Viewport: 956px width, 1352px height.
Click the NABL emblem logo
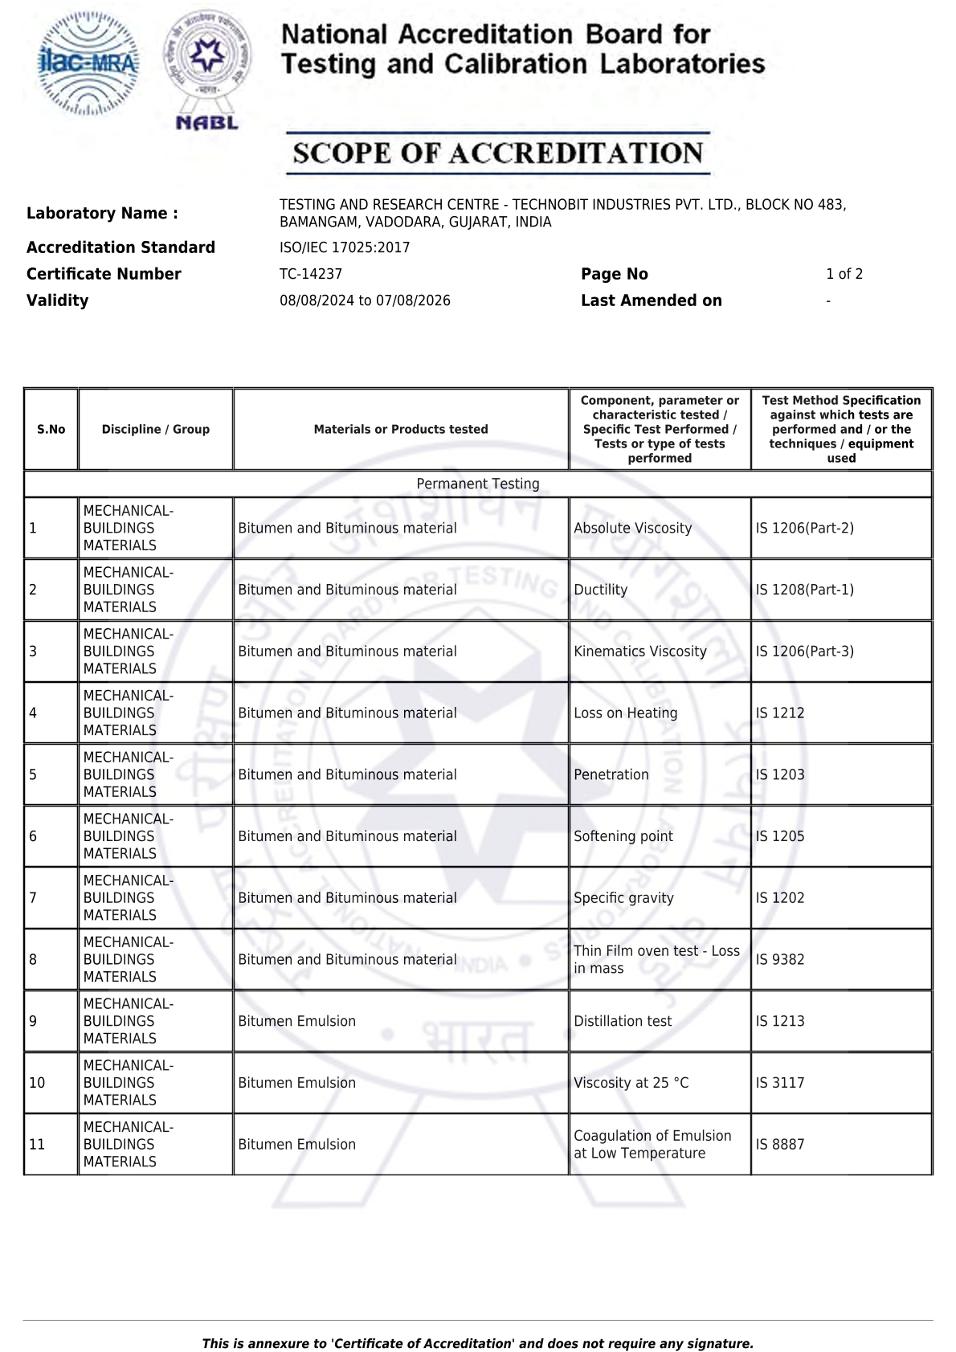(x=206, y=68)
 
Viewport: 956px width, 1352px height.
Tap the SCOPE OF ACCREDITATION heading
(x=498, y=153)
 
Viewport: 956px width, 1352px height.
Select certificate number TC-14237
(x=311, y=274)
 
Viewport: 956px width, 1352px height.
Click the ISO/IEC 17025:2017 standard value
(x=345, y=247)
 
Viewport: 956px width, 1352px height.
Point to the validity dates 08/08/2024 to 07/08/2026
(x=365, y=300)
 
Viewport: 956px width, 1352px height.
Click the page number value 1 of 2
(x=844, y=274)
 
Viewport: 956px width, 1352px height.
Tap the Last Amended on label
(x=651, y=300)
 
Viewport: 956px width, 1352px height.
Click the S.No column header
(x=51, y=429)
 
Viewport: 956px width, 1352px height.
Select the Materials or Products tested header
(x=401, y=429)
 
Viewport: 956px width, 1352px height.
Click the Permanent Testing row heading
(x=478, y=484)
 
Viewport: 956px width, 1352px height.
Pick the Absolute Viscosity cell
(x=632, y=528)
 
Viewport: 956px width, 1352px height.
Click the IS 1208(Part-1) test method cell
(x=804, y=590)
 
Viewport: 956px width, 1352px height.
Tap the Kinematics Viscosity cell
(x=639, y=651)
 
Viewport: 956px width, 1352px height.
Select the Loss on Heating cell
(x=625, y=713)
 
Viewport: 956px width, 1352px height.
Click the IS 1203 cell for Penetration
(x=779, y=774)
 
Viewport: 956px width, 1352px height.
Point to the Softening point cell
(x=623, y=836)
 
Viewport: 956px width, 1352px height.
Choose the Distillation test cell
(x=623, y=1021)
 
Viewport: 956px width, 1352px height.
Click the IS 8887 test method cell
(x=779, y=1144)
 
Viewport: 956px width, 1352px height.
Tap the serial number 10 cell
(x=37, y=1083)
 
